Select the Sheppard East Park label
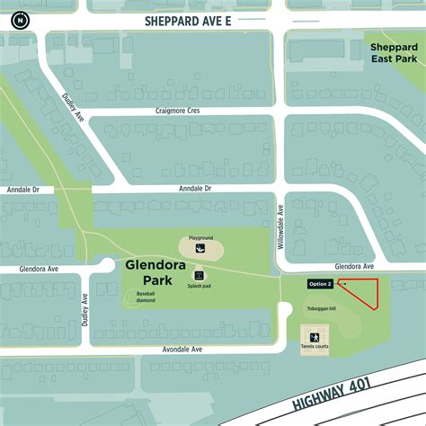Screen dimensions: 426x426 pos(393,52)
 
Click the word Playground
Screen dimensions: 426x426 pos(200,231)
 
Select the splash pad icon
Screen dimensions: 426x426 pos(199,276)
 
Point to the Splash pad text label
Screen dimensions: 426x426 pos(199,288)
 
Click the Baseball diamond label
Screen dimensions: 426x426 pos(146,297)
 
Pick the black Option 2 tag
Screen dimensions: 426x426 pos(320,284)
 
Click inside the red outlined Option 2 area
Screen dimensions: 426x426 pos(365,291)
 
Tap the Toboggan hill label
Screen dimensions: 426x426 pos(320,307)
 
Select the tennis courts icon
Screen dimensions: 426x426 pos(315,336)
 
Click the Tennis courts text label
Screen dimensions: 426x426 pos(315,348)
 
